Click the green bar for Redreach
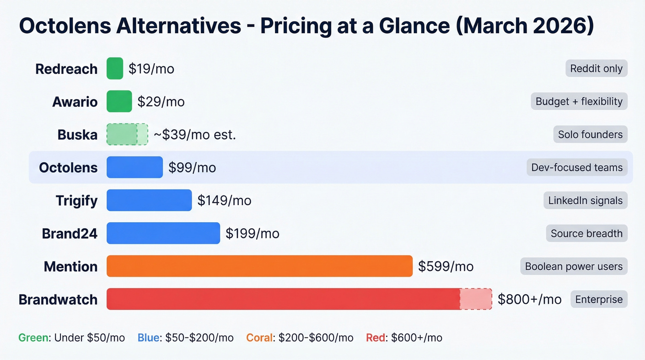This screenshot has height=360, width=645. click(x=115, y=69)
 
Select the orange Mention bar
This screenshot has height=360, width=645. click(x=259, y=266)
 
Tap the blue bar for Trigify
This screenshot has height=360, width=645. click(x=149, y=200)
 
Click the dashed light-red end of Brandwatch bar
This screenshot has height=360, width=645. click(x=476, y=299)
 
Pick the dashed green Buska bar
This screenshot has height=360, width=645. click(x=127, y=134)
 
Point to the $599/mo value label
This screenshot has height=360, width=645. click(x=446, y=266)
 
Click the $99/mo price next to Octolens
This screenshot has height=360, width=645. click(x=192, y=167)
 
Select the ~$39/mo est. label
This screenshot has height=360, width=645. click(x=195, y=135)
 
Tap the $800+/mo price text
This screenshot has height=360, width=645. click(x=529, y=299)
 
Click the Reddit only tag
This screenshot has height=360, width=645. click(x=596, y=69)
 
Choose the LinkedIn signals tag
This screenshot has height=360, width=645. click(x=585, y=201)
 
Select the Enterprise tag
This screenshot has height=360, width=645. click(x=599, y=299)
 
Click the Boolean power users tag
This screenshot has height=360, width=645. click(x=574, y=266)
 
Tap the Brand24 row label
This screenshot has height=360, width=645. click(x=70, y=233)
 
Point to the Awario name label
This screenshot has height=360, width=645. click(x=75, y=101)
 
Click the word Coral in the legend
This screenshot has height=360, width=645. click(x=259, y=337)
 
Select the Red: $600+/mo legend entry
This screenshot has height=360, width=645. click(x=404, y=337)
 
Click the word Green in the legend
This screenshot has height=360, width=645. click(x=33, y=337)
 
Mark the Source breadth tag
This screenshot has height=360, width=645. click(x=586, y=233)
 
